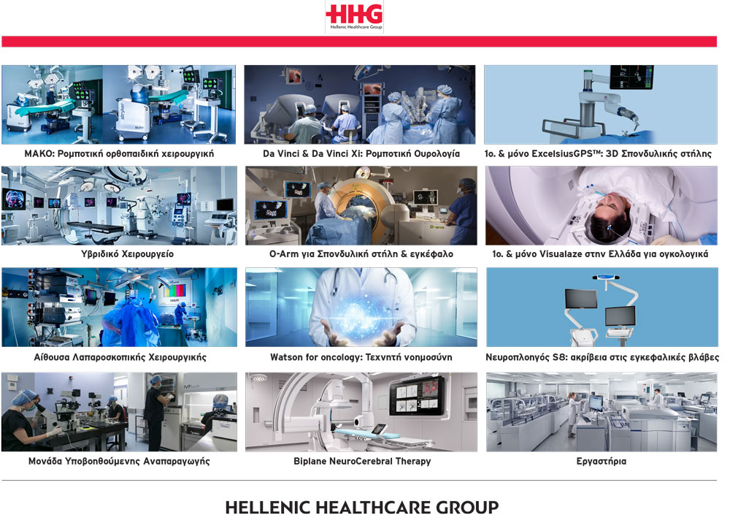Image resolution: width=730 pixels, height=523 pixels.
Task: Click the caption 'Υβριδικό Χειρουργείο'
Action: tap(127, 254)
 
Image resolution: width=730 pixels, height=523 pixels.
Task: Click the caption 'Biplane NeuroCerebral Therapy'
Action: tap(362, 461)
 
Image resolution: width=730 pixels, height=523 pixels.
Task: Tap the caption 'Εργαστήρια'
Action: tap(601, 462)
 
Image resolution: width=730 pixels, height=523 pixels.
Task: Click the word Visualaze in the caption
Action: tap(561, 254)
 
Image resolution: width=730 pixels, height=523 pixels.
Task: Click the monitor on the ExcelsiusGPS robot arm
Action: tap(631, 77)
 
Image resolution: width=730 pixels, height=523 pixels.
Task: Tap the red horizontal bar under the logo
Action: tap(359, 42)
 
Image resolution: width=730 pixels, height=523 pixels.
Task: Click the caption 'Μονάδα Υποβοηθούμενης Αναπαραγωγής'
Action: tap(119, 462)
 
